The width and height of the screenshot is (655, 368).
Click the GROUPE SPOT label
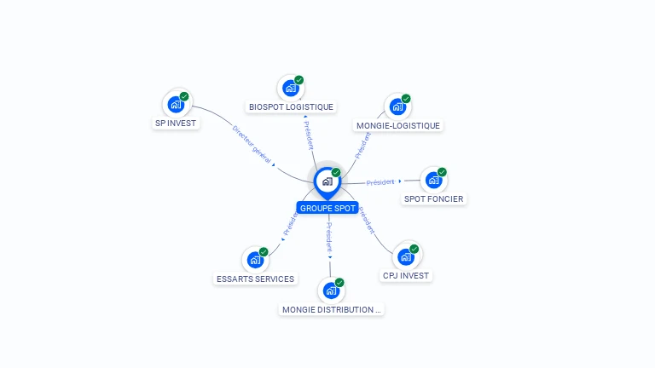point(327,208)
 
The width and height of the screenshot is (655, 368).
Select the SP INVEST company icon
point(176,104)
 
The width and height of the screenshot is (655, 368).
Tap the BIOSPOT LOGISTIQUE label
point(291,106)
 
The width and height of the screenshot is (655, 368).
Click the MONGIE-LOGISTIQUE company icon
point(397,106)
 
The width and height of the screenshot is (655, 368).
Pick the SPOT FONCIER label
point(433,199)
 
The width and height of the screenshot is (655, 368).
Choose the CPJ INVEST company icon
point(406,257)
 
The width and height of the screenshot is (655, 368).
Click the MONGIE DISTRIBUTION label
point(331,309)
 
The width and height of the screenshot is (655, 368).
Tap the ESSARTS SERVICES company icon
point(255,260)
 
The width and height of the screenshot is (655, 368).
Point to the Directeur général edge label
point(252,144)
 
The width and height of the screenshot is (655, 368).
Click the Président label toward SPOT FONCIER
point(380,182)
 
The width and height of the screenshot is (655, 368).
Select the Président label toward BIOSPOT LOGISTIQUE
point(308,135)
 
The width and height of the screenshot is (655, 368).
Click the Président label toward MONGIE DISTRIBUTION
point(329,237)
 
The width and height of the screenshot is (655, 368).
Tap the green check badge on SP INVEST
point(184,96)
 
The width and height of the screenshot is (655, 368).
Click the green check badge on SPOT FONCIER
point(442,172)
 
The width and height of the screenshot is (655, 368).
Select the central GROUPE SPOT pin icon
point(327,183)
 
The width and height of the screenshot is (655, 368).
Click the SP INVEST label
point(176,123)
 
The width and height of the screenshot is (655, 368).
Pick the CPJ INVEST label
point(406,276)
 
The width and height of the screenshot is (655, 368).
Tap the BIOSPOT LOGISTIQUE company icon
point(291,88)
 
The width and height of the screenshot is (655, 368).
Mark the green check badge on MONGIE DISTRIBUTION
point(339,283)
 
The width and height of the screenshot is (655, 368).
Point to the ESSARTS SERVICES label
point(255,279)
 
